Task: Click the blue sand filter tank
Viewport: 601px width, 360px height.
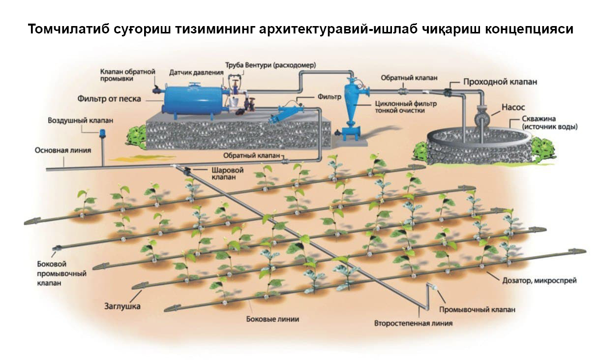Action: pos(192,100)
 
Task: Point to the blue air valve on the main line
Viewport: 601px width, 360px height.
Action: pos(102,133)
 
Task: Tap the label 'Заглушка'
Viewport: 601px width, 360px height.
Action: pos(122,306)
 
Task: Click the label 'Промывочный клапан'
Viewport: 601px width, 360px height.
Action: pos(478,310)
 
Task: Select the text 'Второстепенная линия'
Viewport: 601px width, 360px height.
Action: pos(413,324)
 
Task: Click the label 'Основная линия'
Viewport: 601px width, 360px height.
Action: pos(62,150)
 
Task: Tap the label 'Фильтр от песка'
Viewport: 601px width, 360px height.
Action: pos(109,99)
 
